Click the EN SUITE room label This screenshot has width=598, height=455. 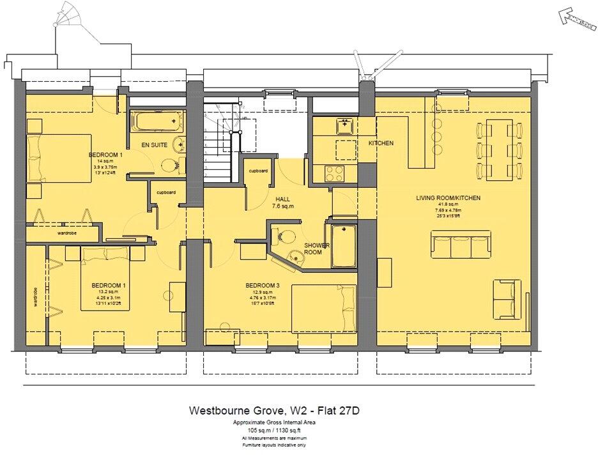(154, 145)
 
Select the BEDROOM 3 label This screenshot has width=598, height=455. (263, 286)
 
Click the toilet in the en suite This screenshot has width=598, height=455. (170, 166)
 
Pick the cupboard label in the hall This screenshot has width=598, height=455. (258, 171)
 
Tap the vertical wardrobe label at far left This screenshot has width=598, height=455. (37, 297)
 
